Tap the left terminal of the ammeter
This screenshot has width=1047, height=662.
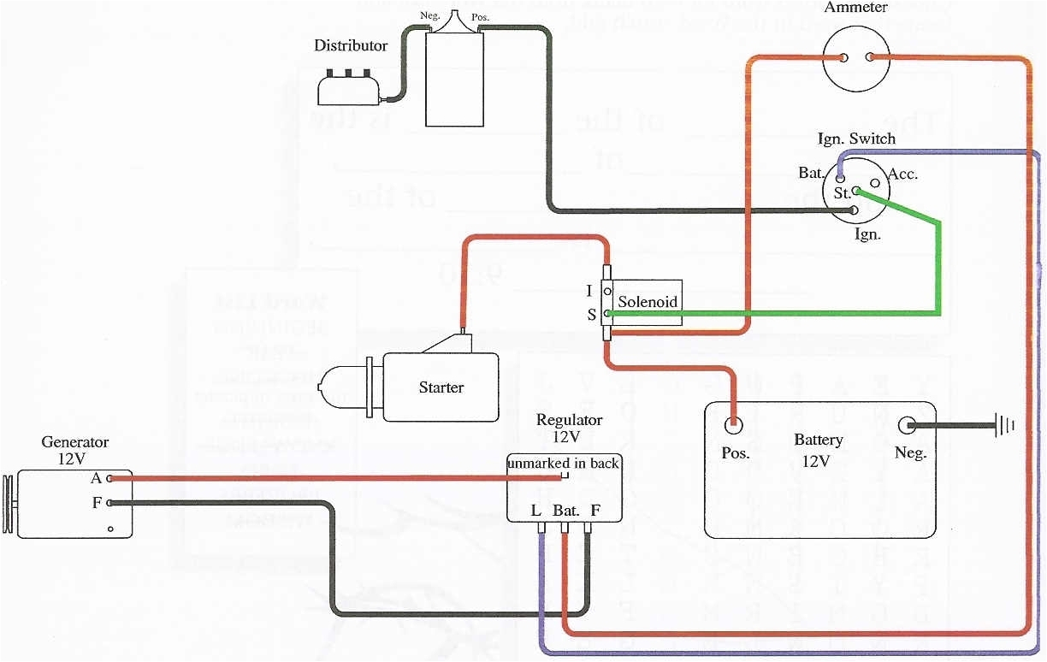tap(843, 58)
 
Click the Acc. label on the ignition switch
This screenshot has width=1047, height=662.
tap(902, 174)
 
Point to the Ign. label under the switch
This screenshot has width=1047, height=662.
tap(867, 233)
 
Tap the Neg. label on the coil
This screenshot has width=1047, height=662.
tap(431, 15)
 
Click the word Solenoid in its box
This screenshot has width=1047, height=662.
tap(648, 302)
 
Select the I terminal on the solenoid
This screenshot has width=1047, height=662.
tap(606, 292)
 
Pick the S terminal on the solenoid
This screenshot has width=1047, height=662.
tap(606, 314)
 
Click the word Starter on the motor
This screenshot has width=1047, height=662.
tap(441, 387)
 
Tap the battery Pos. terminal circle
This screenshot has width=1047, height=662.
tap(733, 425)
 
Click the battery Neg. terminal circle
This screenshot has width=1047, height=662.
tap(908, 425)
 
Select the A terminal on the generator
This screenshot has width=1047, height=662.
tap(110, 479)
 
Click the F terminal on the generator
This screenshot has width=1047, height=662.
tap(110, 503)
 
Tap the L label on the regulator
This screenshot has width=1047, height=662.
tap(536, 511)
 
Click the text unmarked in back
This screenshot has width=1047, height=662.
tap(563, 464)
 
